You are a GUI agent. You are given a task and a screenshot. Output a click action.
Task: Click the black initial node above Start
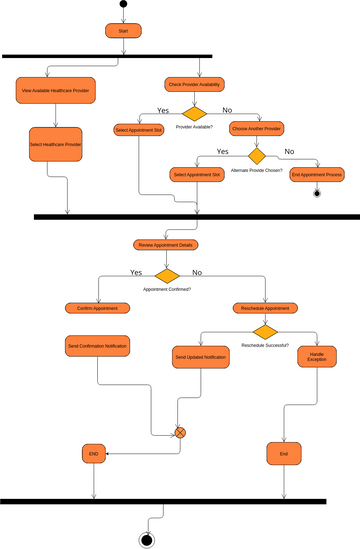tap(123, 5)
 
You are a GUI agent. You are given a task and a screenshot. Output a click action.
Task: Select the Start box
tap(123, 31)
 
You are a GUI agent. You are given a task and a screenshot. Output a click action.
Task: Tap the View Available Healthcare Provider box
tap(56, 91)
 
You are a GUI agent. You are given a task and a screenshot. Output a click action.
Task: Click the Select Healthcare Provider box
tap(56, 144)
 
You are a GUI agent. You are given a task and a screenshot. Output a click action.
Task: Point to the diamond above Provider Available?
tap(194, 113)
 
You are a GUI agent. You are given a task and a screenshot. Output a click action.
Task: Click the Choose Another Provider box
tap(257, 128)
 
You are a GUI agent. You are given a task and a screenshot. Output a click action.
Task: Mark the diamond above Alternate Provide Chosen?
tap(257, 156)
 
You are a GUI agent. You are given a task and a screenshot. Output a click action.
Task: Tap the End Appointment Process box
tap(317, 174)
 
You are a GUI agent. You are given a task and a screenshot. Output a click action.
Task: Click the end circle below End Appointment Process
tap(317, 193)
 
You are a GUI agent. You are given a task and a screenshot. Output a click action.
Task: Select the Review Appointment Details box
tap(166, 244)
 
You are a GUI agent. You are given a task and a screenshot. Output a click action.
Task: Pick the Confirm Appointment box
tap(98, 308)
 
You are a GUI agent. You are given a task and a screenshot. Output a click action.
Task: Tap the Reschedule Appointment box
tap(266, 308)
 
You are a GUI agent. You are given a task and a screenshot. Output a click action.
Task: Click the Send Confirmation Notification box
tap(97, 346)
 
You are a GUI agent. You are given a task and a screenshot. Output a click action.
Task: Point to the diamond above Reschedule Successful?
tap(266, 332)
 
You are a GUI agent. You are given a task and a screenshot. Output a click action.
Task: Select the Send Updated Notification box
tap(201, 357)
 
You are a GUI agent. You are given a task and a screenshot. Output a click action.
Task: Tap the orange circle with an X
tap(181, 432)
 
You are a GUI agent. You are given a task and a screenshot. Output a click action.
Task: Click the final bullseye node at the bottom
tap(148, 540)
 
